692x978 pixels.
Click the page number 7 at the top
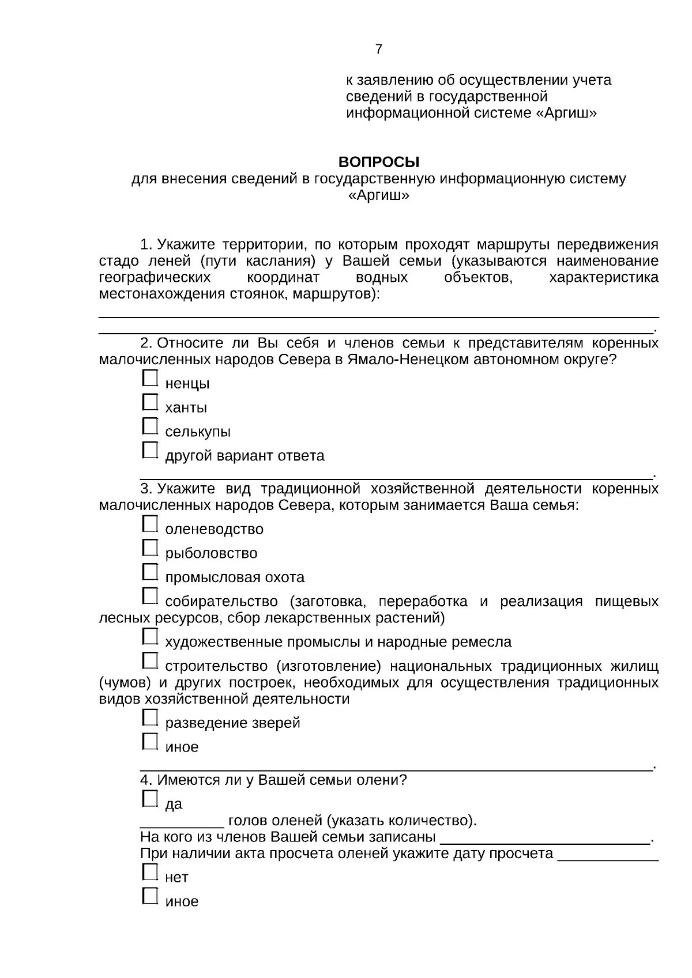click(378, 50)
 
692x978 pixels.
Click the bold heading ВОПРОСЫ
click(378, 162)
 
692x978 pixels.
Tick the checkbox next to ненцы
click(149, 378)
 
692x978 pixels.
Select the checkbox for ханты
click(149, 402)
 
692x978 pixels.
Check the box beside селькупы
click(149, 426)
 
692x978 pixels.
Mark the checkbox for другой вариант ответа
click(149, 451)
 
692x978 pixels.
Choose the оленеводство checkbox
click(149, 524)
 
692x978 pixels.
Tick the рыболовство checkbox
click(149, 548)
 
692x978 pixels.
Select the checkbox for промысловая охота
click(149, 572)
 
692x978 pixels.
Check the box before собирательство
click(149, 596)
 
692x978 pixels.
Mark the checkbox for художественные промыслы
click(149, 637)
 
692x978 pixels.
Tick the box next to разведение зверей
click(149, 718)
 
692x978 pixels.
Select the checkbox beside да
click(149, 799)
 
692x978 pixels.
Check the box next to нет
click(149, 872)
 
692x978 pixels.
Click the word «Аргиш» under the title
click(378, 196)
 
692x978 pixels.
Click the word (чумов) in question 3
click(125, 683)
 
